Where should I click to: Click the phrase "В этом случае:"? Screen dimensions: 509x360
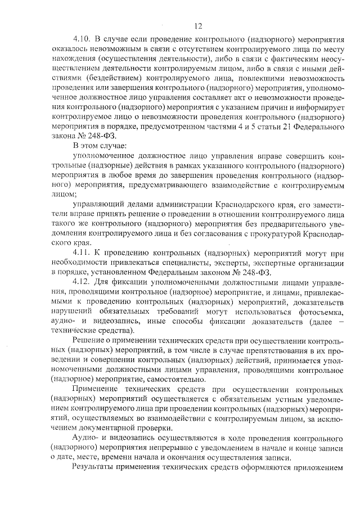tap(99, 146)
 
